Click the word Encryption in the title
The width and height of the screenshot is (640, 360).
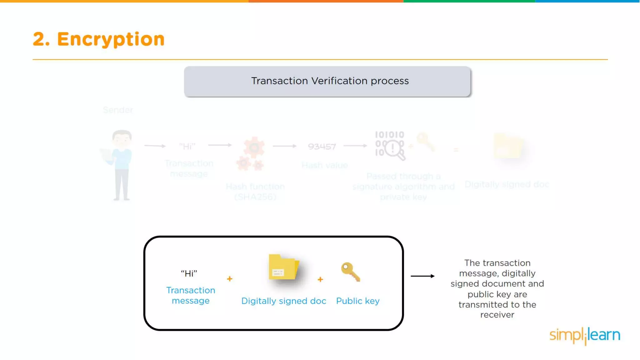111,39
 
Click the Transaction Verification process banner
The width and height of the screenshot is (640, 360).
327,81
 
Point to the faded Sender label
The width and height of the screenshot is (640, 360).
118,110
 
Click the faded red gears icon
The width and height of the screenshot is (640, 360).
252,154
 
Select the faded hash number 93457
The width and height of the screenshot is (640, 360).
322,146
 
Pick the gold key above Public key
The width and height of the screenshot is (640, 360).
351,272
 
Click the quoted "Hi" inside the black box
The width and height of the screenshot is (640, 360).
189,274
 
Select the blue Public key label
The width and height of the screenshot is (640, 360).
358,301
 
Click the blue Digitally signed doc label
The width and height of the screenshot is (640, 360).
284,301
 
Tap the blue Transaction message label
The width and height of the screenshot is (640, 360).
191,295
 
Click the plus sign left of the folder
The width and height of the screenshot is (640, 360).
230,278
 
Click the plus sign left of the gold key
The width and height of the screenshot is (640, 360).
320,279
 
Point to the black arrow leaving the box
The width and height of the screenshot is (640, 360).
422,276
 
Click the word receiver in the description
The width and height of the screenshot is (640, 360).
497,315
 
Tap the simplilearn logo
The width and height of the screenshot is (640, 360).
585,336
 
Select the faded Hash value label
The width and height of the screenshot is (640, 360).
325,165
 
